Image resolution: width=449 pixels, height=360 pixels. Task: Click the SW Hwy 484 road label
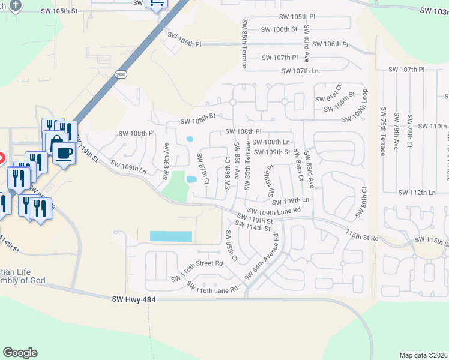(x=134, y=299)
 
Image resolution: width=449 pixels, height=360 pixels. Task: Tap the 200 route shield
(x=121, y=74)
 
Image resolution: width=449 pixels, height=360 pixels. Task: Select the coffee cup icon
(x=64, y=152)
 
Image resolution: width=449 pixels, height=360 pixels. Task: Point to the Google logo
(x=20, y=353)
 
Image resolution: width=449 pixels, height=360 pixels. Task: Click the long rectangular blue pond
(x=170, y=236)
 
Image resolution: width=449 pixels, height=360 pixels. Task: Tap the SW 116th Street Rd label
(x=197, y=271)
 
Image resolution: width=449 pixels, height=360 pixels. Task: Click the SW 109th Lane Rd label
(x=273, y=212)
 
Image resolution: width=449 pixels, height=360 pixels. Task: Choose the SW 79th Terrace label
(x=383, y=131)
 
